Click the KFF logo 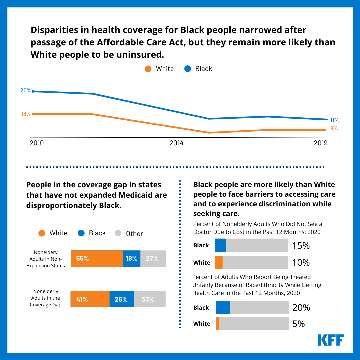click(330, 340)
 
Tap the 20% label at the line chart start click(26, 91)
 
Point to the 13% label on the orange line click(26, 114)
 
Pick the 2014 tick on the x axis click(176, 143)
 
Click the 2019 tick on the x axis click(320, 143)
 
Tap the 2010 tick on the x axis click(37, 143)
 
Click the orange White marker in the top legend click(148, 69)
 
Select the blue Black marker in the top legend click(188, 69)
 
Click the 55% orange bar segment click(97, 258)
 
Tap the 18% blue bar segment click(132, 258)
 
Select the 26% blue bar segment click(122, 299)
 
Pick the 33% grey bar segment click(150, 299)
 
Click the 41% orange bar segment click(90, 299)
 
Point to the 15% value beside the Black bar click(301, 246)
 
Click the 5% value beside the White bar click(299, 324)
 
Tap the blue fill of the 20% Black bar click(223, 307)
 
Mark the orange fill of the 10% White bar click(219, 262)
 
